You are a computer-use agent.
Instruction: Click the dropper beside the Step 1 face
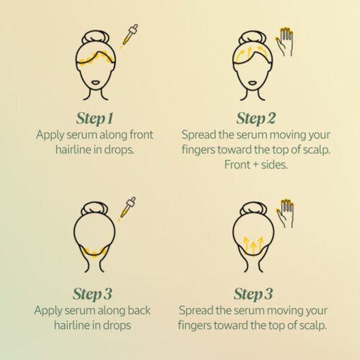click(130, 34)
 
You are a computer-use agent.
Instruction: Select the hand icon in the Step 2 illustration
click(285, 42)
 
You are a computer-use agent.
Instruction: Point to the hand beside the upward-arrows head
click(285, 214)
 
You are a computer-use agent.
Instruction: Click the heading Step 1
click(94, 119)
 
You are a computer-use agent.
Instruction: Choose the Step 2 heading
click(256, 119)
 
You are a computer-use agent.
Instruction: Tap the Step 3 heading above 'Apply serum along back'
click(92, 294)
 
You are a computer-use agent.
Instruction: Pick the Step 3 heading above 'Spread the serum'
click(253, 294)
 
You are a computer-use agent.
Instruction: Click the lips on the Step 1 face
click(96, 82)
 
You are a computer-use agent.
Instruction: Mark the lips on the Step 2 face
click(253, 83)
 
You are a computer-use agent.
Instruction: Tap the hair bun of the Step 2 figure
click(253, 37)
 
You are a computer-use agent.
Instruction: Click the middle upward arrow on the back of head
click(253, 248)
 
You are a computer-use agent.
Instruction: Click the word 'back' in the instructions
click(139, 310)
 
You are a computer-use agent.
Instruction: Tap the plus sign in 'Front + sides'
click(256, 165)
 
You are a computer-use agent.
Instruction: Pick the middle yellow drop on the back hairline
click(94, 254)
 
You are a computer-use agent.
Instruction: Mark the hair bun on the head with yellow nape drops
click(95, 209)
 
